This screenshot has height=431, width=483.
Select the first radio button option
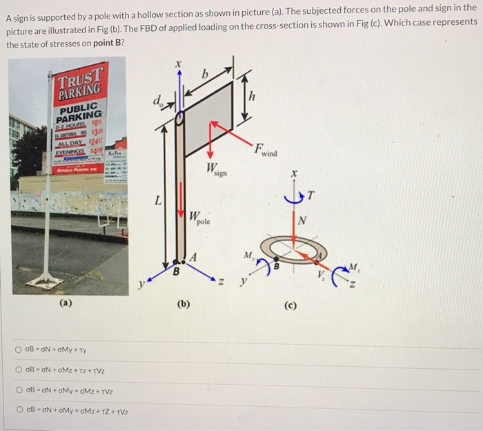coord(20,350)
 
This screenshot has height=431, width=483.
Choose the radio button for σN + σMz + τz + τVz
coord(20,370)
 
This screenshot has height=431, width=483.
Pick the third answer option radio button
coord(20,391)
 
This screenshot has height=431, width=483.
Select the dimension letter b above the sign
coord(204,73)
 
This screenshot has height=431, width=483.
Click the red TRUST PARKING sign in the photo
coord(81,82)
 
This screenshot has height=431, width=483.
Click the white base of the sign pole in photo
coord(45,281)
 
